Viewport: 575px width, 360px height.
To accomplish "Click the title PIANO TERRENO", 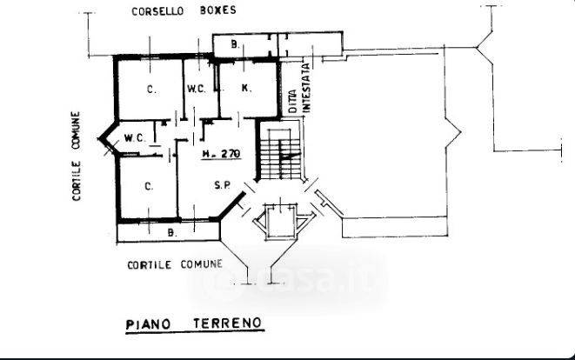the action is (193, 323).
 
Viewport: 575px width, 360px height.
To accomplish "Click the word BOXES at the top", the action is (217, 12).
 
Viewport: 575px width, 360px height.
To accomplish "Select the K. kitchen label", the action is (246, 88).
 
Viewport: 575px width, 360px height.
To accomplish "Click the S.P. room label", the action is (223, 184).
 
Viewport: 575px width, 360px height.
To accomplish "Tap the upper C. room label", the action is (150, 89).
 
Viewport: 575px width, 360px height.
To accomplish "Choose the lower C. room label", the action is (149, 184).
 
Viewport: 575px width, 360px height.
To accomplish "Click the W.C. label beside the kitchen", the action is (196, 88).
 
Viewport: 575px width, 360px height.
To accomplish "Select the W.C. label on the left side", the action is (134, 137).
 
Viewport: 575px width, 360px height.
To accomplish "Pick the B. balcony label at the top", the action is (235, 43).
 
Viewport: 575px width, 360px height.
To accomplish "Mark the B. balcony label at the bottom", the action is (171, 232).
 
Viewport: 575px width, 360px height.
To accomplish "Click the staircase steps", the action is (280, 156).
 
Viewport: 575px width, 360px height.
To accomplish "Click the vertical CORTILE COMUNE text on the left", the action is (77, 157).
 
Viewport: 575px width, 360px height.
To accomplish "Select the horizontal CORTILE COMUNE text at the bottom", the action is (174, 264).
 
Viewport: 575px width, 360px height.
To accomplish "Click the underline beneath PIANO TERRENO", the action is (193, 333).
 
